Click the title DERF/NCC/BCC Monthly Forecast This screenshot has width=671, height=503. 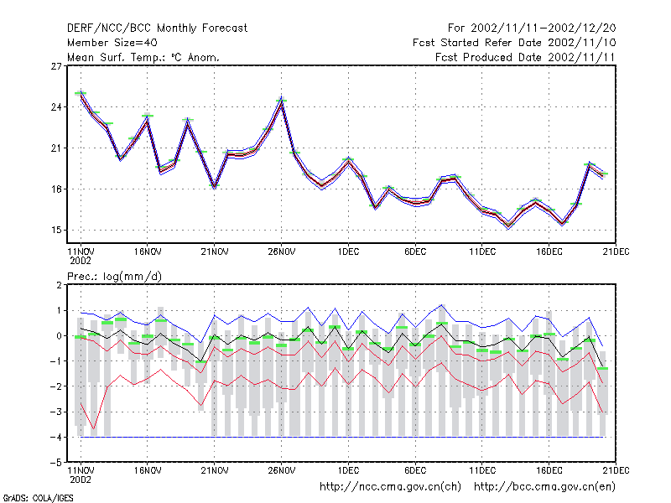157,29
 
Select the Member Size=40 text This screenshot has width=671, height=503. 112,43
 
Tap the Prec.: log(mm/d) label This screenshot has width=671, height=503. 114,277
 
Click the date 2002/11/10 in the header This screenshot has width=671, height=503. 581,43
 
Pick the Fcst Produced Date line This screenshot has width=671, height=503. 525,57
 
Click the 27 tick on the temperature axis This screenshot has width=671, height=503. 56,66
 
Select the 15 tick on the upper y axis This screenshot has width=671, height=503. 56,230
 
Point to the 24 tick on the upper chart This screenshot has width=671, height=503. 56,107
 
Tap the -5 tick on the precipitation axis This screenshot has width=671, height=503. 56,463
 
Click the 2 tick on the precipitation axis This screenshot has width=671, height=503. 59,285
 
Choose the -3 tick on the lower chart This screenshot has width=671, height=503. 56,412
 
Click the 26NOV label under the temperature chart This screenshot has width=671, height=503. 282,252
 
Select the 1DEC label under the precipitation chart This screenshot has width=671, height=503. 348,470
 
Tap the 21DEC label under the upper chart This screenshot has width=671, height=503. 616,252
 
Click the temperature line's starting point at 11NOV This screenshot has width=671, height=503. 81,93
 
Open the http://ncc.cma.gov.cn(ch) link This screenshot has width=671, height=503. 390,487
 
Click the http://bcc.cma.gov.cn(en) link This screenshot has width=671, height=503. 544,487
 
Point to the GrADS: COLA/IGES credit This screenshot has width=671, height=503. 38,498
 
